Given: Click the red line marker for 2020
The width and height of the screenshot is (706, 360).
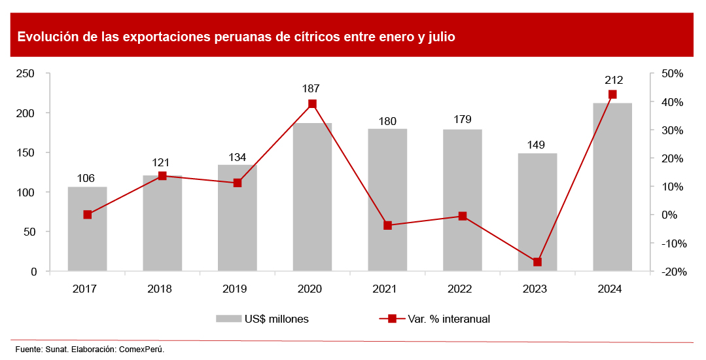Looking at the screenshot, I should point(312,104).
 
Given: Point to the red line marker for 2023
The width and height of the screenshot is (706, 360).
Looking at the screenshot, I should point(537,262).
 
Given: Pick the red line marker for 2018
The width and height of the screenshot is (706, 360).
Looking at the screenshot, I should point(162,176).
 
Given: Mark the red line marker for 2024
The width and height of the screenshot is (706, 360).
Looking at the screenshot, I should point(612,95).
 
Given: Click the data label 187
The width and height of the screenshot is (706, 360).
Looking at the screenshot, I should point(312,88).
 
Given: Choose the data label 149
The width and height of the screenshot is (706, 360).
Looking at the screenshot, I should point(537,145).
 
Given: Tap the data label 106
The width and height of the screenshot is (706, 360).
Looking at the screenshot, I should point(87,178).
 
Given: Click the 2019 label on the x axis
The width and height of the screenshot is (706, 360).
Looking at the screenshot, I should point(237,289).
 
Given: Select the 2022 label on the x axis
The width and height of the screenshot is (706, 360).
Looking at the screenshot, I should point(462,289).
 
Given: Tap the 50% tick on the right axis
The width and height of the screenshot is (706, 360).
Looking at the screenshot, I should point(672,74).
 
